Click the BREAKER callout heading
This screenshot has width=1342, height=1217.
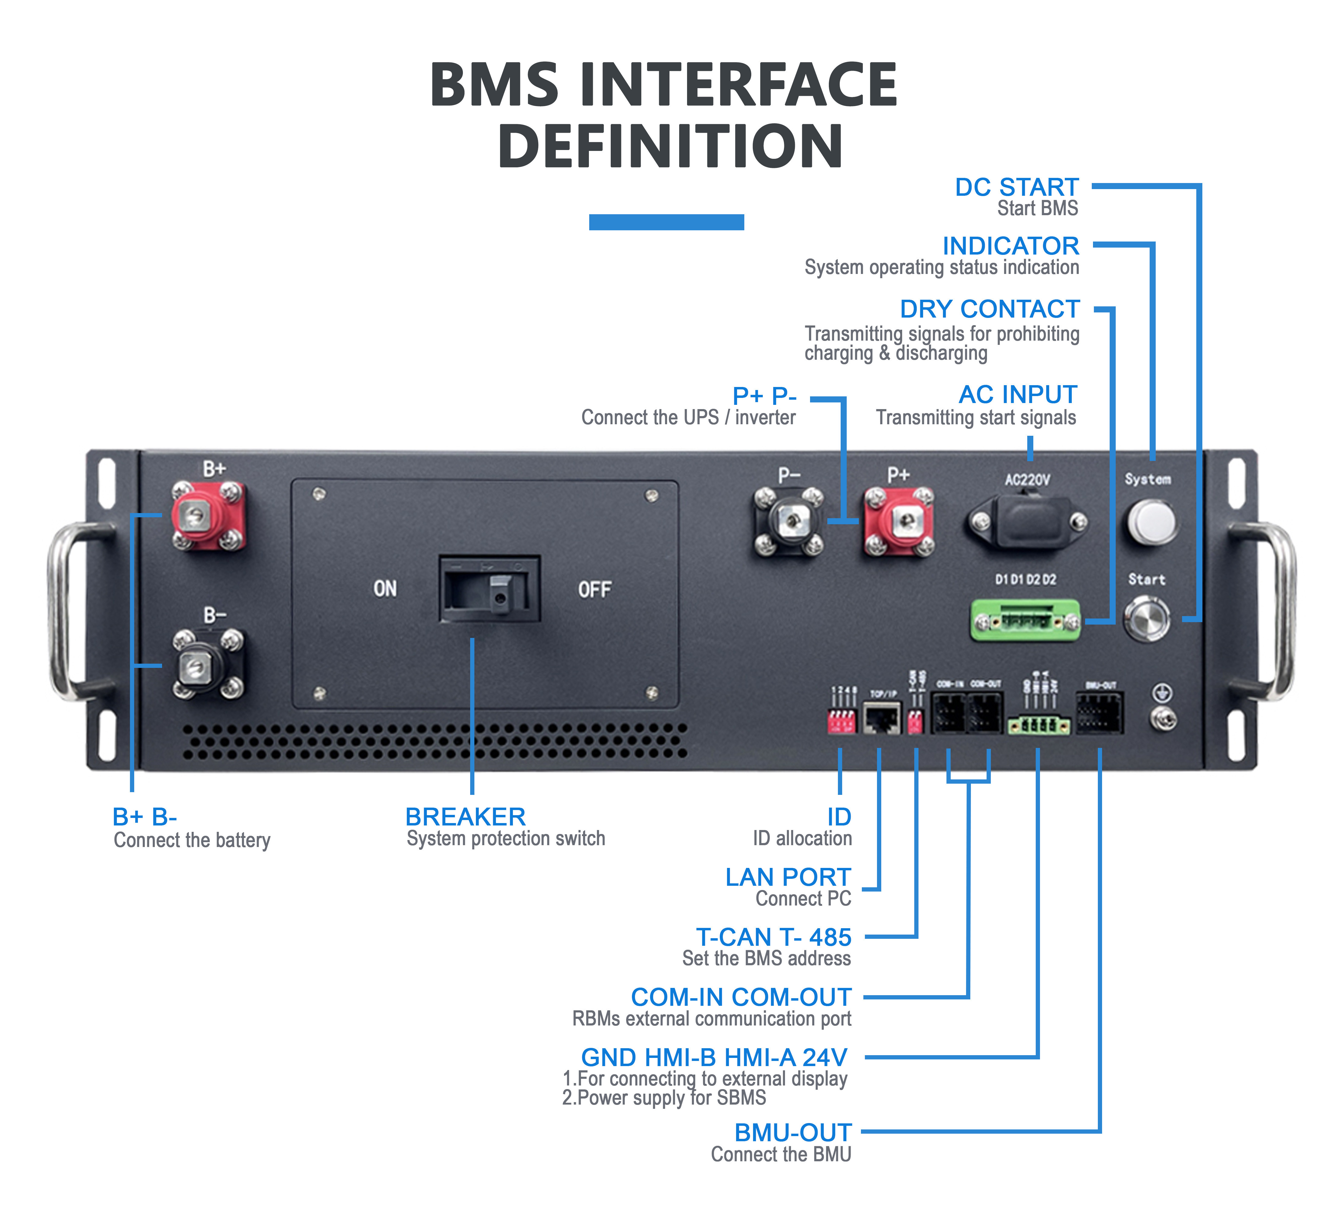(465, 817)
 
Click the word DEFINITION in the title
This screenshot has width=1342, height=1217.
(670, 146)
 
